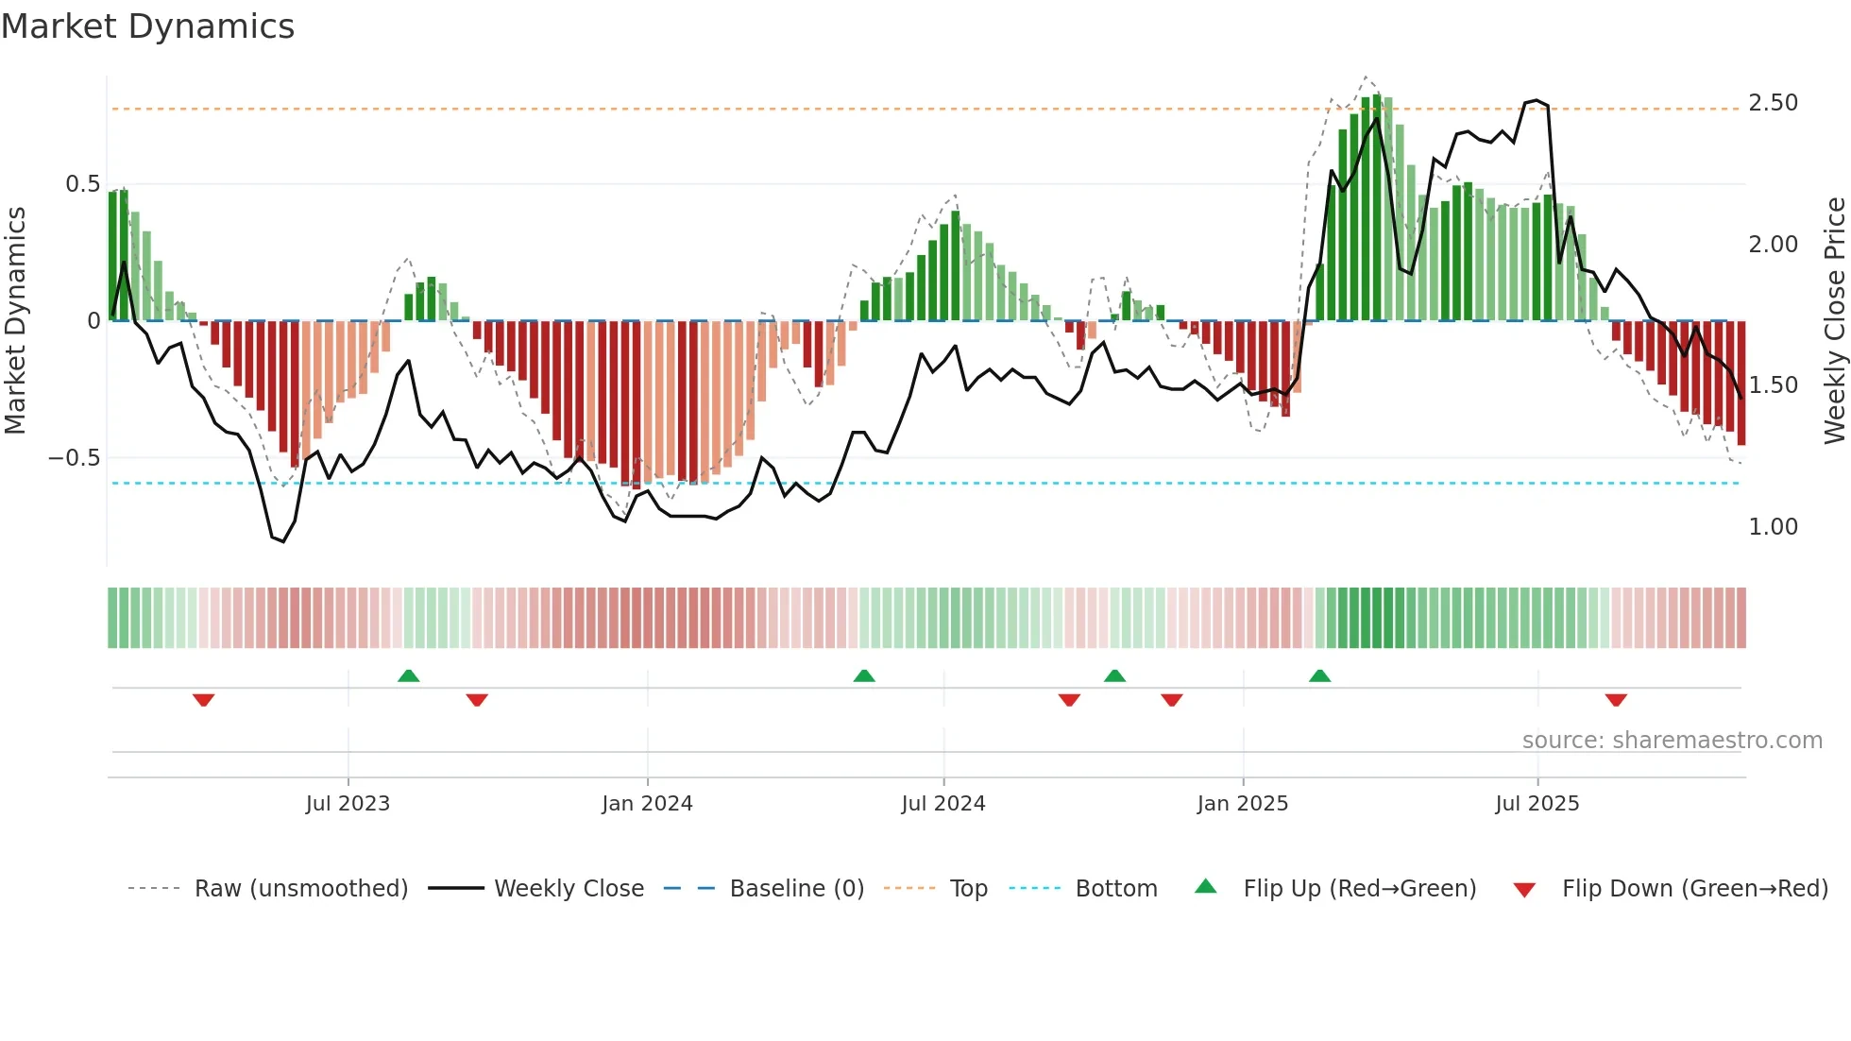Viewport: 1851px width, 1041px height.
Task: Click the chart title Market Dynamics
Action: (x=148, y=26)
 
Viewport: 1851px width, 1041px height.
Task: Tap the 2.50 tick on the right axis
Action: (x=1773, y=103)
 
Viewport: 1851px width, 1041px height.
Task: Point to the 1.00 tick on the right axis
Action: (x=1773, y=527)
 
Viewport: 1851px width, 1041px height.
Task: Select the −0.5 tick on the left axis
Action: (x=75, y=458)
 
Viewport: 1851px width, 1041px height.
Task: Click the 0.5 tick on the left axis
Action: (x=82, y=184)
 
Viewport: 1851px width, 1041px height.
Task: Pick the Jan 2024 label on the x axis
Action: (x=647, y=804)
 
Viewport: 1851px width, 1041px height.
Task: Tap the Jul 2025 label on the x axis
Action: (x=1537, y=804)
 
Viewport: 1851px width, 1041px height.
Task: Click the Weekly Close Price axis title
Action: (x=1834, y=321)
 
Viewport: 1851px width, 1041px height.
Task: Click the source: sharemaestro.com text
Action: (x=1672, y=741)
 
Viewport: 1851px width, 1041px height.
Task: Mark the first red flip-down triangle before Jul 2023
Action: (x=203, y=700)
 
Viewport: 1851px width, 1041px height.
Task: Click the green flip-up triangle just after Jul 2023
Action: (x=408, y=675)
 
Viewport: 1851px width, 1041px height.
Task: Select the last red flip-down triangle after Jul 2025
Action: (x=1615, y=700)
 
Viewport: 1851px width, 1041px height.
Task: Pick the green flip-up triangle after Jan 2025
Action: (x=1319, y=675)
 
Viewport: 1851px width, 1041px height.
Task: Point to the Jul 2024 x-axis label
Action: (x=942, y=804)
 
